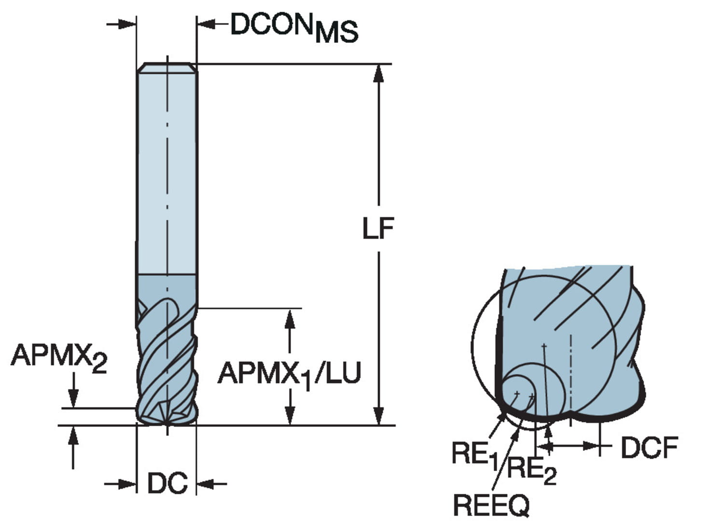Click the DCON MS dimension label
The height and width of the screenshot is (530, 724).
pyautogui.click(x=293, y=27)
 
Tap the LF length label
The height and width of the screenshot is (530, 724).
pyautogui.click(x=378, y=228)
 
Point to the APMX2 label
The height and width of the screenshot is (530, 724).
pyautogui.click(x=59, y=357)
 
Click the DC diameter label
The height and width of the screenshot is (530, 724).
pyautogui.click(x=167, y=483)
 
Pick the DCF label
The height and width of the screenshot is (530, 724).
pyautogui.click(x=649, y=448)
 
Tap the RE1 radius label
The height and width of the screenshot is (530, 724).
pyautogui.click(x=474, y=455)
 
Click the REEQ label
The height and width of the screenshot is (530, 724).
pyautogui.click(x=491, y=505)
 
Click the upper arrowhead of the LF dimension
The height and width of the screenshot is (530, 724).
pyautogui.click(x=379, y=72)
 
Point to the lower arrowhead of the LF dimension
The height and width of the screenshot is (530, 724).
pyautogui.click(x=379, y=416)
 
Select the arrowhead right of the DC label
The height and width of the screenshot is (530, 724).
pyautogui.click(x=205, y=483)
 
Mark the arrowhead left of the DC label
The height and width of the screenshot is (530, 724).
pyautogui.click(x=128, y=483)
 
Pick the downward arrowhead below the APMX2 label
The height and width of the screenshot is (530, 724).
pyautogui.click(x=73, y=399)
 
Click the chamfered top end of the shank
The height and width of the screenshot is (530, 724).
pyautogui.click(x=167, y=68)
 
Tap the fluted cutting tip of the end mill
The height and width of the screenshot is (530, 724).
pyautogui.click(x=167, y=410)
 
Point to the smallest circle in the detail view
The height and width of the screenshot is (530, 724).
pyautogui.click(x=517, y=394)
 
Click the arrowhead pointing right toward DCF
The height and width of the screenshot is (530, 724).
pyautogui.click(x=591, y=446)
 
